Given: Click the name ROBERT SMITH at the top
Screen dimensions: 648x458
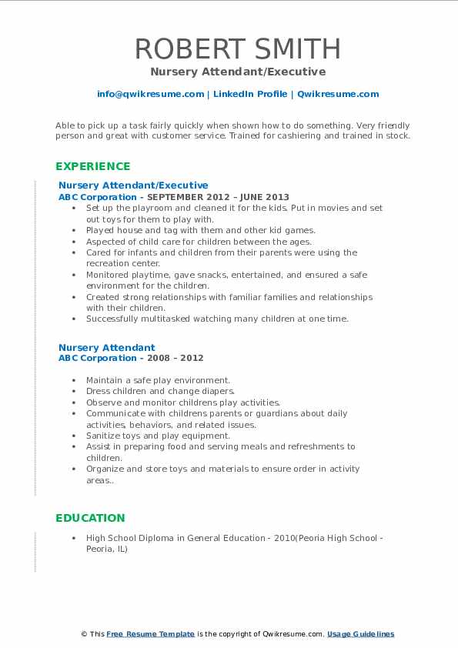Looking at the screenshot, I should pyautogui.click(x=238, y=48).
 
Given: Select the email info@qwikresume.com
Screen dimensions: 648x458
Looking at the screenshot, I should pyautogui.click(x=150, y=94).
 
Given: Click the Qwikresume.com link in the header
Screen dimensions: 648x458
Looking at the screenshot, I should pyautogui.click(x=338, y=94).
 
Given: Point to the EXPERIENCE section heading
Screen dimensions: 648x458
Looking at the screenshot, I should pyautogui.click(x=92, y=166).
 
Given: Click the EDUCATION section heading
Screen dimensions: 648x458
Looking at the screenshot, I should pyautogui.click(x=90, y=518).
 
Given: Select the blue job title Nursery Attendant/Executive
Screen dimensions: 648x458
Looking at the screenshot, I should pyautogui.click(x=133, y=185).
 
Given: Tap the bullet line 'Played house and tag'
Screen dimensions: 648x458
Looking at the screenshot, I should pyautogui.click(x=200, y=230).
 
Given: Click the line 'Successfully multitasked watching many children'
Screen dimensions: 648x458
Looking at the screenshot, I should pyautogui.click(x=217, y=319).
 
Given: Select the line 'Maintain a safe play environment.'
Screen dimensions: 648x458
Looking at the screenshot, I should pyautogui.click(x=158, y=380).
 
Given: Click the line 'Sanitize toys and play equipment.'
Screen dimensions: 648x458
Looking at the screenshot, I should pyautogui.click(x=158, y=436).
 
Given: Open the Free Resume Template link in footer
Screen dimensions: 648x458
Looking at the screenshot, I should pyautogui.click(x=150, y=634).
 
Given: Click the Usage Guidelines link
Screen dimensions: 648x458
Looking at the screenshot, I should pyautogui.click(x=360, y=634).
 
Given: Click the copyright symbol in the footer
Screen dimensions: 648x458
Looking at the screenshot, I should pyautogui.click(x=85, y=634).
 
